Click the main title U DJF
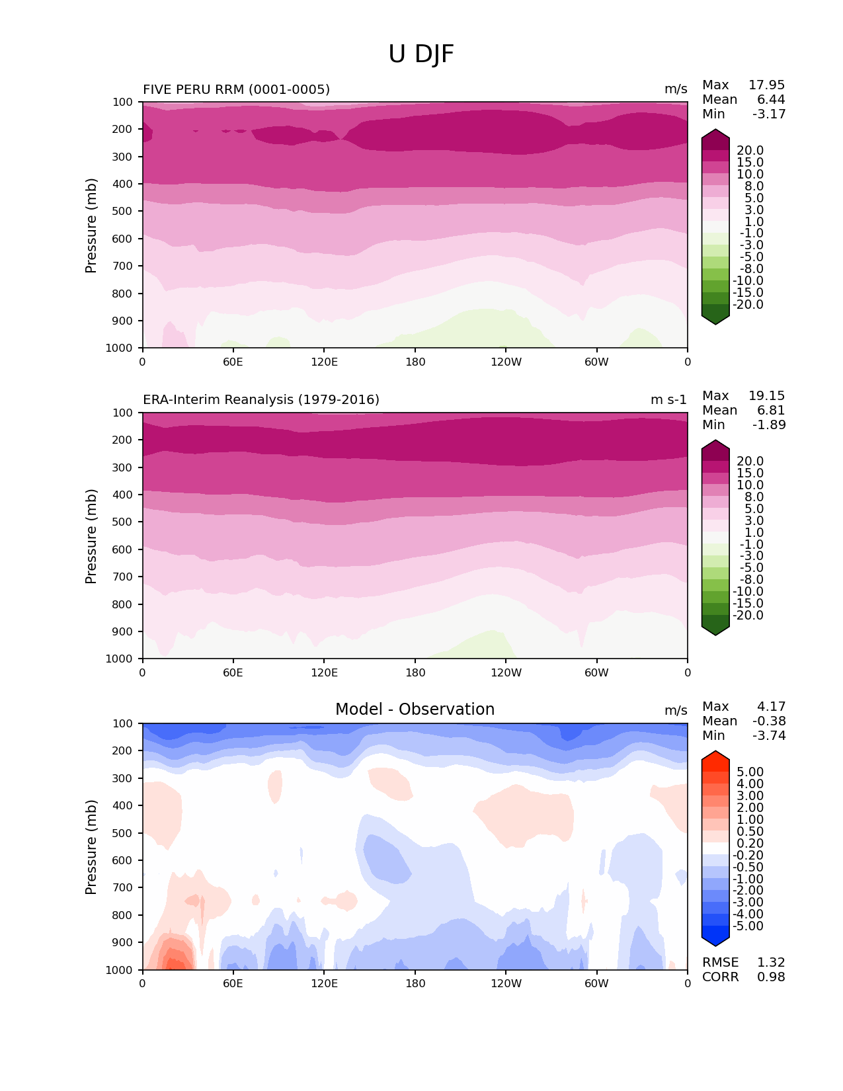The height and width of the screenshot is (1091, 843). tap(421, 54)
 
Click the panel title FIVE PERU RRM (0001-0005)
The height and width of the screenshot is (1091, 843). tap(236, 89)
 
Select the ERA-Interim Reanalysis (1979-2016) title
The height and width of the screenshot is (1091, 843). tap(261, 400)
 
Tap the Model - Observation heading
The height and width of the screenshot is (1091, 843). tap(415, 709)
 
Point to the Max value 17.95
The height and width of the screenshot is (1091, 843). tap(766, 85)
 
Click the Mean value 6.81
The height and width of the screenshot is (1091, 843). tap(771, 411)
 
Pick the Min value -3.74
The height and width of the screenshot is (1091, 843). tap(769, 736)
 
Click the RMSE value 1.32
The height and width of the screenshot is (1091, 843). tap(771, 963)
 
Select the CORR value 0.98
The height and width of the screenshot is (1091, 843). tap(771, 977)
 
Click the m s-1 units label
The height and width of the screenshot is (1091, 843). tap(668, 400)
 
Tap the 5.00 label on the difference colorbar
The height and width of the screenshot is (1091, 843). tap(750, 772)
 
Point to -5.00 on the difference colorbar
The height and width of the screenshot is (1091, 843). tap(748, 926)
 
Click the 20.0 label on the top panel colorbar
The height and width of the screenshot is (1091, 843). tap(750, 151)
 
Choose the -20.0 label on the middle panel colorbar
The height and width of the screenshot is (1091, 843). tap(748, 616)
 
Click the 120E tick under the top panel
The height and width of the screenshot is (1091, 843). tap(324, 362)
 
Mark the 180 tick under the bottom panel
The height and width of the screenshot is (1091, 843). tap(415, 983)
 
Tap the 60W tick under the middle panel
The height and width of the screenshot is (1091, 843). tap(596, 672)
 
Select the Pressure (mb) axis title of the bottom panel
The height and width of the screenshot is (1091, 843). tap(91, 847)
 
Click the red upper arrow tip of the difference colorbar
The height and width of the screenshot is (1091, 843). tap(715, 753)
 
